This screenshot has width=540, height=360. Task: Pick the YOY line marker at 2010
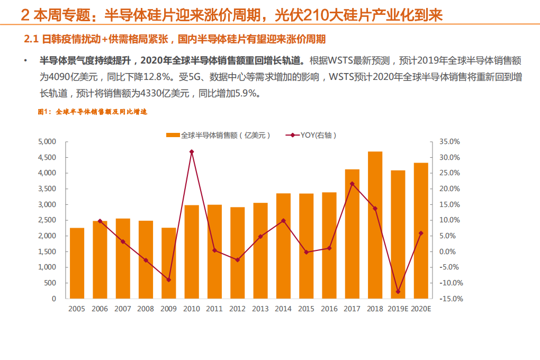192,152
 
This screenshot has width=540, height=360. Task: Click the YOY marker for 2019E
398,292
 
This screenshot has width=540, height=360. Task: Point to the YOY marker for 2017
352,184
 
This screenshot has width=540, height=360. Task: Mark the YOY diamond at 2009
169,280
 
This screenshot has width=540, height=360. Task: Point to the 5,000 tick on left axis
47,142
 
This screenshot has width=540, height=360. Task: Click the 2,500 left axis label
47,220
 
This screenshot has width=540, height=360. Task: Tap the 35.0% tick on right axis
449,142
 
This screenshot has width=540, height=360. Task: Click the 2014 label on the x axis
283,309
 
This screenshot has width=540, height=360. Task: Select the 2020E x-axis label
421,309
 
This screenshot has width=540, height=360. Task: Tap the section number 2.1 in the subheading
32,39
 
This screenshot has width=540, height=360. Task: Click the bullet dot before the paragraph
25,61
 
